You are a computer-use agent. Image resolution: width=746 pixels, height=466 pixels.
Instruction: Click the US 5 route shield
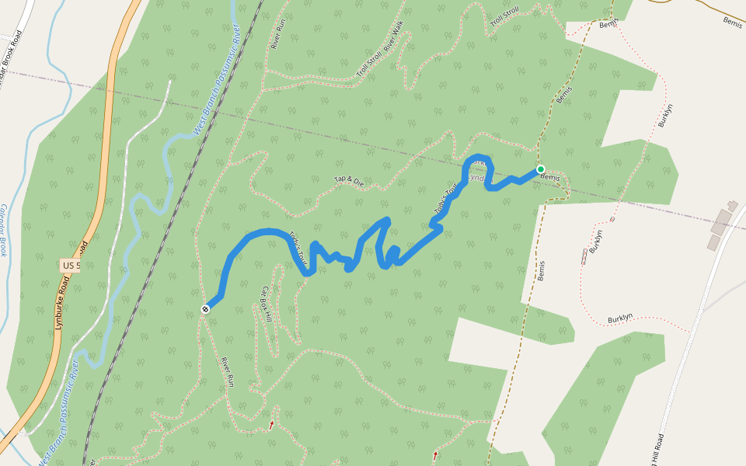(x=70, y=266)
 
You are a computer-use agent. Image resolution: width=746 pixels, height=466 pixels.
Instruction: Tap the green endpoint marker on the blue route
(x=540, y=169)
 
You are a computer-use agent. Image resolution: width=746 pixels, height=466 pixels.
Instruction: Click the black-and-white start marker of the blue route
(x=205, y=309)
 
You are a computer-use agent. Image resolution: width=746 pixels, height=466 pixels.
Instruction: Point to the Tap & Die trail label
(x=349, y=181)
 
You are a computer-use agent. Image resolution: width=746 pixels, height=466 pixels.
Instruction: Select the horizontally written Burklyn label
(x=620, y=318)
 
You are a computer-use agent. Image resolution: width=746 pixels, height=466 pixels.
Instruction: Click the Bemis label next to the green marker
(x=550, y=178)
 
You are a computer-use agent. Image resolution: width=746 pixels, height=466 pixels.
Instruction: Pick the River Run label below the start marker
(x=228, y=371)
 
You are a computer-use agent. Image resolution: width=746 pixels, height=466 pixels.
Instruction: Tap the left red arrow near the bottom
(x=271, y=425)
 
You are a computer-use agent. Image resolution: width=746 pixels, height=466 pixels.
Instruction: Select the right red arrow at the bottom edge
(x=435, y=455)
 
